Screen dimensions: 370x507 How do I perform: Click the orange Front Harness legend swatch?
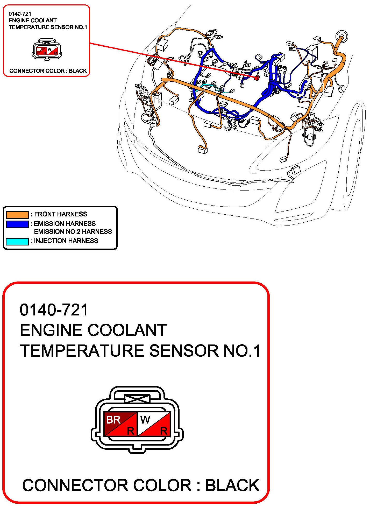pos(17,215)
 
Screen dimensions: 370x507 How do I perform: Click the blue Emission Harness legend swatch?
pos(17,224)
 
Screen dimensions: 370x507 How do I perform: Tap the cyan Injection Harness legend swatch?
pos(17,241)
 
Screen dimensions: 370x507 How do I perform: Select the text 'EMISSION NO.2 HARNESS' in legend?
pos(73,231)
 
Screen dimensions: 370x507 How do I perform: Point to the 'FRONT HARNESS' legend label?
pos(61,214)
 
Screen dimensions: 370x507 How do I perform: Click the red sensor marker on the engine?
pos(257,78)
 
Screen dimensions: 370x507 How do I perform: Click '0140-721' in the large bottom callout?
pos(54,310)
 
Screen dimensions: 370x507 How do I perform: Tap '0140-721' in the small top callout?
pos(20,14)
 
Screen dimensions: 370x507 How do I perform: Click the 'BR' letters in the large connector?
pos(113,419)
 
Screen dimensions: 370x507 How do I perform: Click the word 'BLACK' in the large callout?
pos(232,485)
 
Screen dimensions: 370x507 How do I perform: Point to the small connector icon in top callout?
pos(47,49)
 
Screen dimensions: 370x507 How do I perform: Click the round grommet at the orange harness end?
pos(341,36)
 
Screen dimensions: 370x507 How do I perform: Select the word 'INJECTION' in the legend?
pos(49,241)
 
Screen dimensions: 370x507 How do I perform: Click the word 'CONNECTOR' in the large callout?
pos(75,485)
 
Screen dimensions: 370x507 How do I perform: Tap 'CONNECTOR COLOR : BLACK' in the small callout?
pos(48,71)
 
